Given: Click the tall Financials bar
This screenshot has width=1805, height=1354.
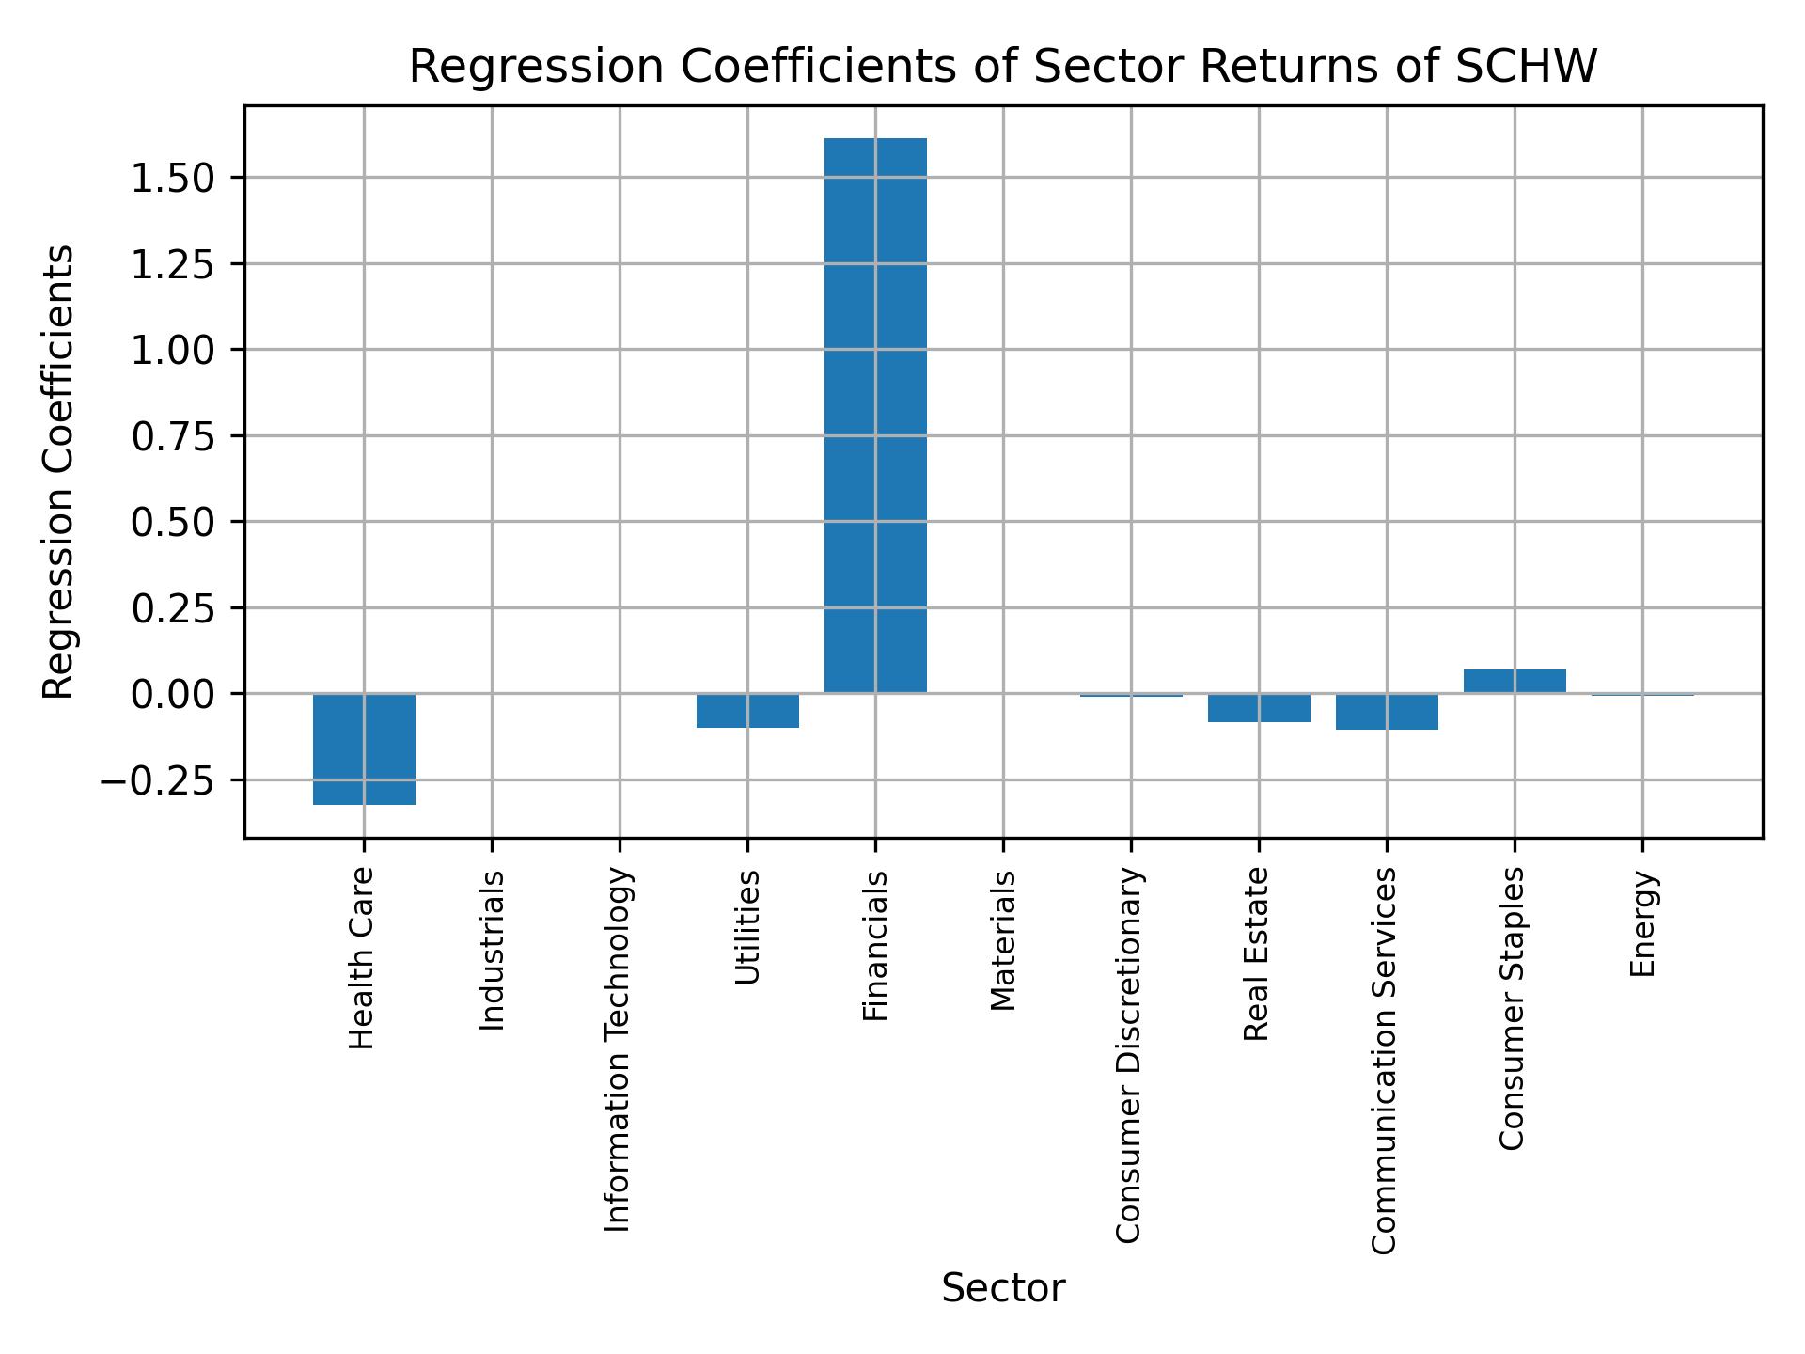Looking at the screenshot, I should tap(875, 415).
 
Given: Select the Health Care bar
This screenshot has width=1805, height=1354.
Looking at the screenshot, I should tap(364, 748).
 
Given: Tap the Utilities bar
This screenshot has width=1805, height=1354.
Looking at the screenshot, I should tap(747, 711).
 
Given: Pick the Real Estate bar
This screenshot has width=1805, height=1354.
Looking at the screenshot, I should tap(1259, 708).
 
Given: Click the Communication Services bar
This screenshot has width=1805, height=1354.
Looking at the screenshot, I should tap(1387, 712).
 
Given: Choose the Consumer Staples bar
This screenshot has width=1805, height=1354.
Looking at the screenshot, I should tap(1515, 681).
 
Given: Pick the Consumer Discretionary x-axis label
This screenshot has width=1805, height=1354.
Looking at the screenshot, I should tap(1129, 1056).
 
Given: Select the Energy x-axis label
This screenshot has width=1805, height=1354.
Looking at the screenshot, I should tap(1642, 924).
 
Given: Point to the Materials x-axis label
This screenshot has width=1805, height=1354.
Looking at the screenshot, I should tap(1003, 940).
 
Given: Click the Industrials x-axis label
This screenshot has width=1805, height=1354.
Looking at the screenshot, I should tap(492, 950).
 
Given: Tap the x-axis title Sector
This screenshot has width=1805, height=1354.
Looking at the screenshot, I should tap(1003, 1288).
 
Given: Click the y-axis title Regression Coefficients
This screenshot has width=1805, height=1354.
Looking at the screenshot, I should tap(58, 472).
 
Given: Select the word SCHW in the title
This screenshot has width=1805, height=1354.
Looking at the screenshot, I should tap(1525, 67).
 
